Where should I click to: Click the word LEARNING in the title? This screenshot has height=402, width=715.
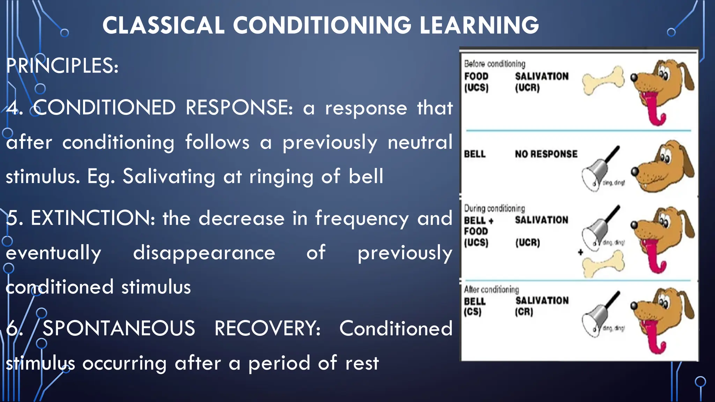479,25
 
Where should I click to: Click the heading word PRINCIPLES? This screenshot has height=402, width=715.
62,66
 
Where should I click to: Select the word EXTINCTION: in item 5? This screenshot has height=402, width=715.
93,218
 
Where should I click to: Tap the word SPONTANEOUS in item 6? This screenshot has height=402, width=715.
119,328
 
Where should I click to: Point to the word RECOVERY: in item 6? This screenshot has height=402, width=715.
267,328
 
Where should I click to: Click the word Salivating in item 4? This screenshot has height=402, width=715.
169,176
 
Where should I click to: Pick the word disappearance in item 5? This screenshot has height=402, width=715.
204,253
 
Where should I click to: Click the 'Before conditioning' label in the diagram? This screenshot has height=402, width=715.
494,64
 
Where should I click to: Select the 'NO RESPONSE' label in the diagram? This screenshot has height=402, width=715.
546,154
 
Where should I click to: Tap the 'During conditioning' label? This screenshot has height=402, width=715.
494,208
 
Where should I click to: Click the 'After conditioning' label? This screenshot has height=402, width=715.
491,290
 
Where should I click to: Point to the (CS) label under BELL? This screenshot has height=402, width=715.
472,312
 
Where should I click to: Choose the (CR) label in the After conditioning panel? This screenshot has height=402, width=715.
524,312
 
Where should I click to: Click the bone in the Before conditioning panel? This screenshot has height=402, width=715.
603,81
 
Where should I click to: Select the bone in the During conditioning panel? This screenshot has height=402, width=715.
603,265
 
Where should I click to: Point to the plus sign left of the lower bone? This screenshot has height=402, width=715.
580,252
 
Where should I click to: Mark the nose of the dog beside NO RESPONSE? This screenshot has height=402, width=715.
635,171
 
